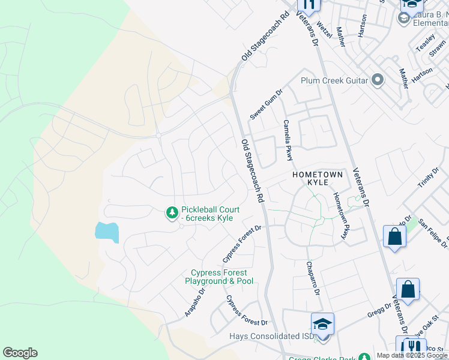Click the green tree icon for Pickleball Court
click(x=172, y=212)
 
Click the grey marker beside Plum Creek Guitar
click(x=378, y=80)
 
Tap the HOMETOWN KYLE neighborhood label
click(x=318, y=178)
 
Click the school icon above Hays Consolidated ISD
click(x=323, y=325)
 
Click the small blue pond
click(x=106, y=232)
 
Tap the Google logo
click(x=20, y=353)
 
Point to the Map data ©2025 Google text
click(x=412, y=355)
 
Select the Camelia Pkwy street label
click(x=288, y=140)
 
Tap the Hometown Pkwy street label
click(x=340, y=217)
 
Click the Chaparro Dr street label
click(x=313, y=278)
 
